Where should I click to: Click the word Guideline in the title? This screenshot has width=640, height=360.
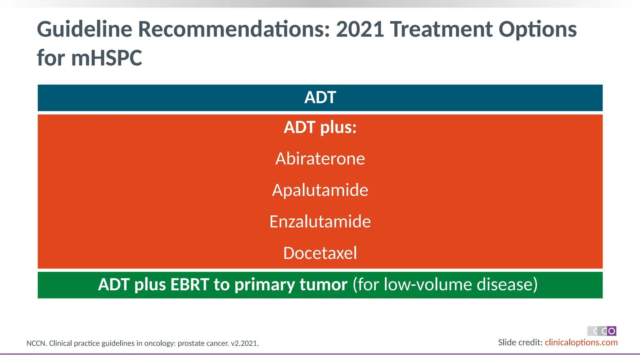[x=84, y=29]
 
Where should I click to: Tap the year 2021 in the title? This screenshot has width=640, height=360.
[x=360, y=29]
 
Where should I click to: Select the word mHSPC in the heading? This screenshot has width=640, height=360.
[x=107, y=58]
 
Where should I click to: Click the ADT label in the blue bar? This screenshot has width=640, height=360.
[x=320, y=97]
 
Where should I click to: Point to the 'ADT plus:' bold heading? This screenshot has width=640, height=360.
[x=320, y=127]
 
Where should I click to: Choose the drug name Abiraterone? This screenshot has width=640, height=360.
[x=320, y=159]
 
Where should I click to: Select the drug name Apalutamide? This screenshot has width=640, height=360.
[x=320, y=190]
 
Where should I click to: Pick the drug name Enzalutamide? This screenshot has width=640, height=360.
[x=320, y=222]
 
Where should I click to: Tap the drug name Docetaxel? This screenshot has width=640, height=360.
[x=320, y=253]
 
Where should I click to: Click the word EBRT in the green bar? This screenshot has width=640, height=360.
[x=190, y=285]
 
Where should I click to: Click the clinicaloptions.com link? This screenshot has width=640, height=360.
[x=581, y=342]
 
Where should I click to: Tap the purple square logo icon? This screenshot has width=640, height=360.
[x=612, y=331]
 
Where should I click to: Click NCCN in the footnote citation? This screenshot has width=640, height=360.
[x=36, y=343]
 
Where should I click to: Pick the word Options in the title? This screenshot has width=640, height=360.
[x=537, y=29]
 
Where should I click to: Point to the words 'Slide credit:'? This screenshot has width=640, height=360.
[x=520, y=342]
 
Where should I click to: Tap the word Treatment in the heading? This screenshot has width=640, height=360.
[x=442, y=29]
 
